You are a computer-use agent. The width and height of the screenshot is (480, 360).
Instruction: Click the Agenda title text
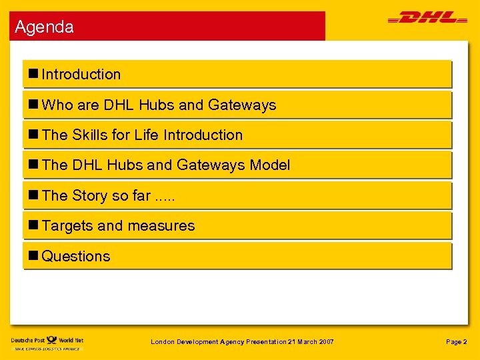[44, 27]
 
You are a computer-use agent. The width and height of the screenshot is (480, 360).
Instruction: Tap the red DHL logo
[423, 18]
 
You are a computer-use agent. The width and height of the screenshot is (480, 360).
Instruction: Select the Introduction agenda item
[81, 75]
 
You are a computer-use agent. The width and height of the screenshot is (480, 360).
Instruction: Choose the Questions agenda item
[75, 256]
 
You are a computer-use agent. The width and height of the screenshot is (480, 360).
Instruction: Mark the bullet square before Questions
[33, 256]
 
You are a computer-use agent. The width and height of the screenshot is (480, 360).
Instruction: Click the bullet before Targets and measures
[33, 226]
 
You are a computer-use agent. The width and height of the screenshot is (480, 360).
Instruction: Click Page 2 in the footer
[456, 342]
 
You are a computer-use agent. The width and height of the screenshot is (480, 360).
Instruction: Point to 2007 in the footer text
[325, 342]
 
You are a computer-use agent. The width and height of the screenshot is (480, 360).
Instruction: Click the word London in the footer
[163, 342]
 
